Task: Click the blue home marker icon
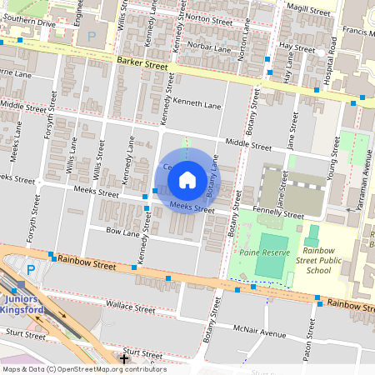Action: click(x=187, y=179)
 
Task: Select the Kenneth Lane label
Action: click(x=200, y=106)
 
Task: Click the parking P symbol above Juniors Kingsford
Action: click(x=32, y=271)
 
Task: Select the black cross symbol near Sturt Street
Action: click(x=124, y=359)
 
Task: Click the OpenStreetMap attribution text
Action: click(x=83, y=369)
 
